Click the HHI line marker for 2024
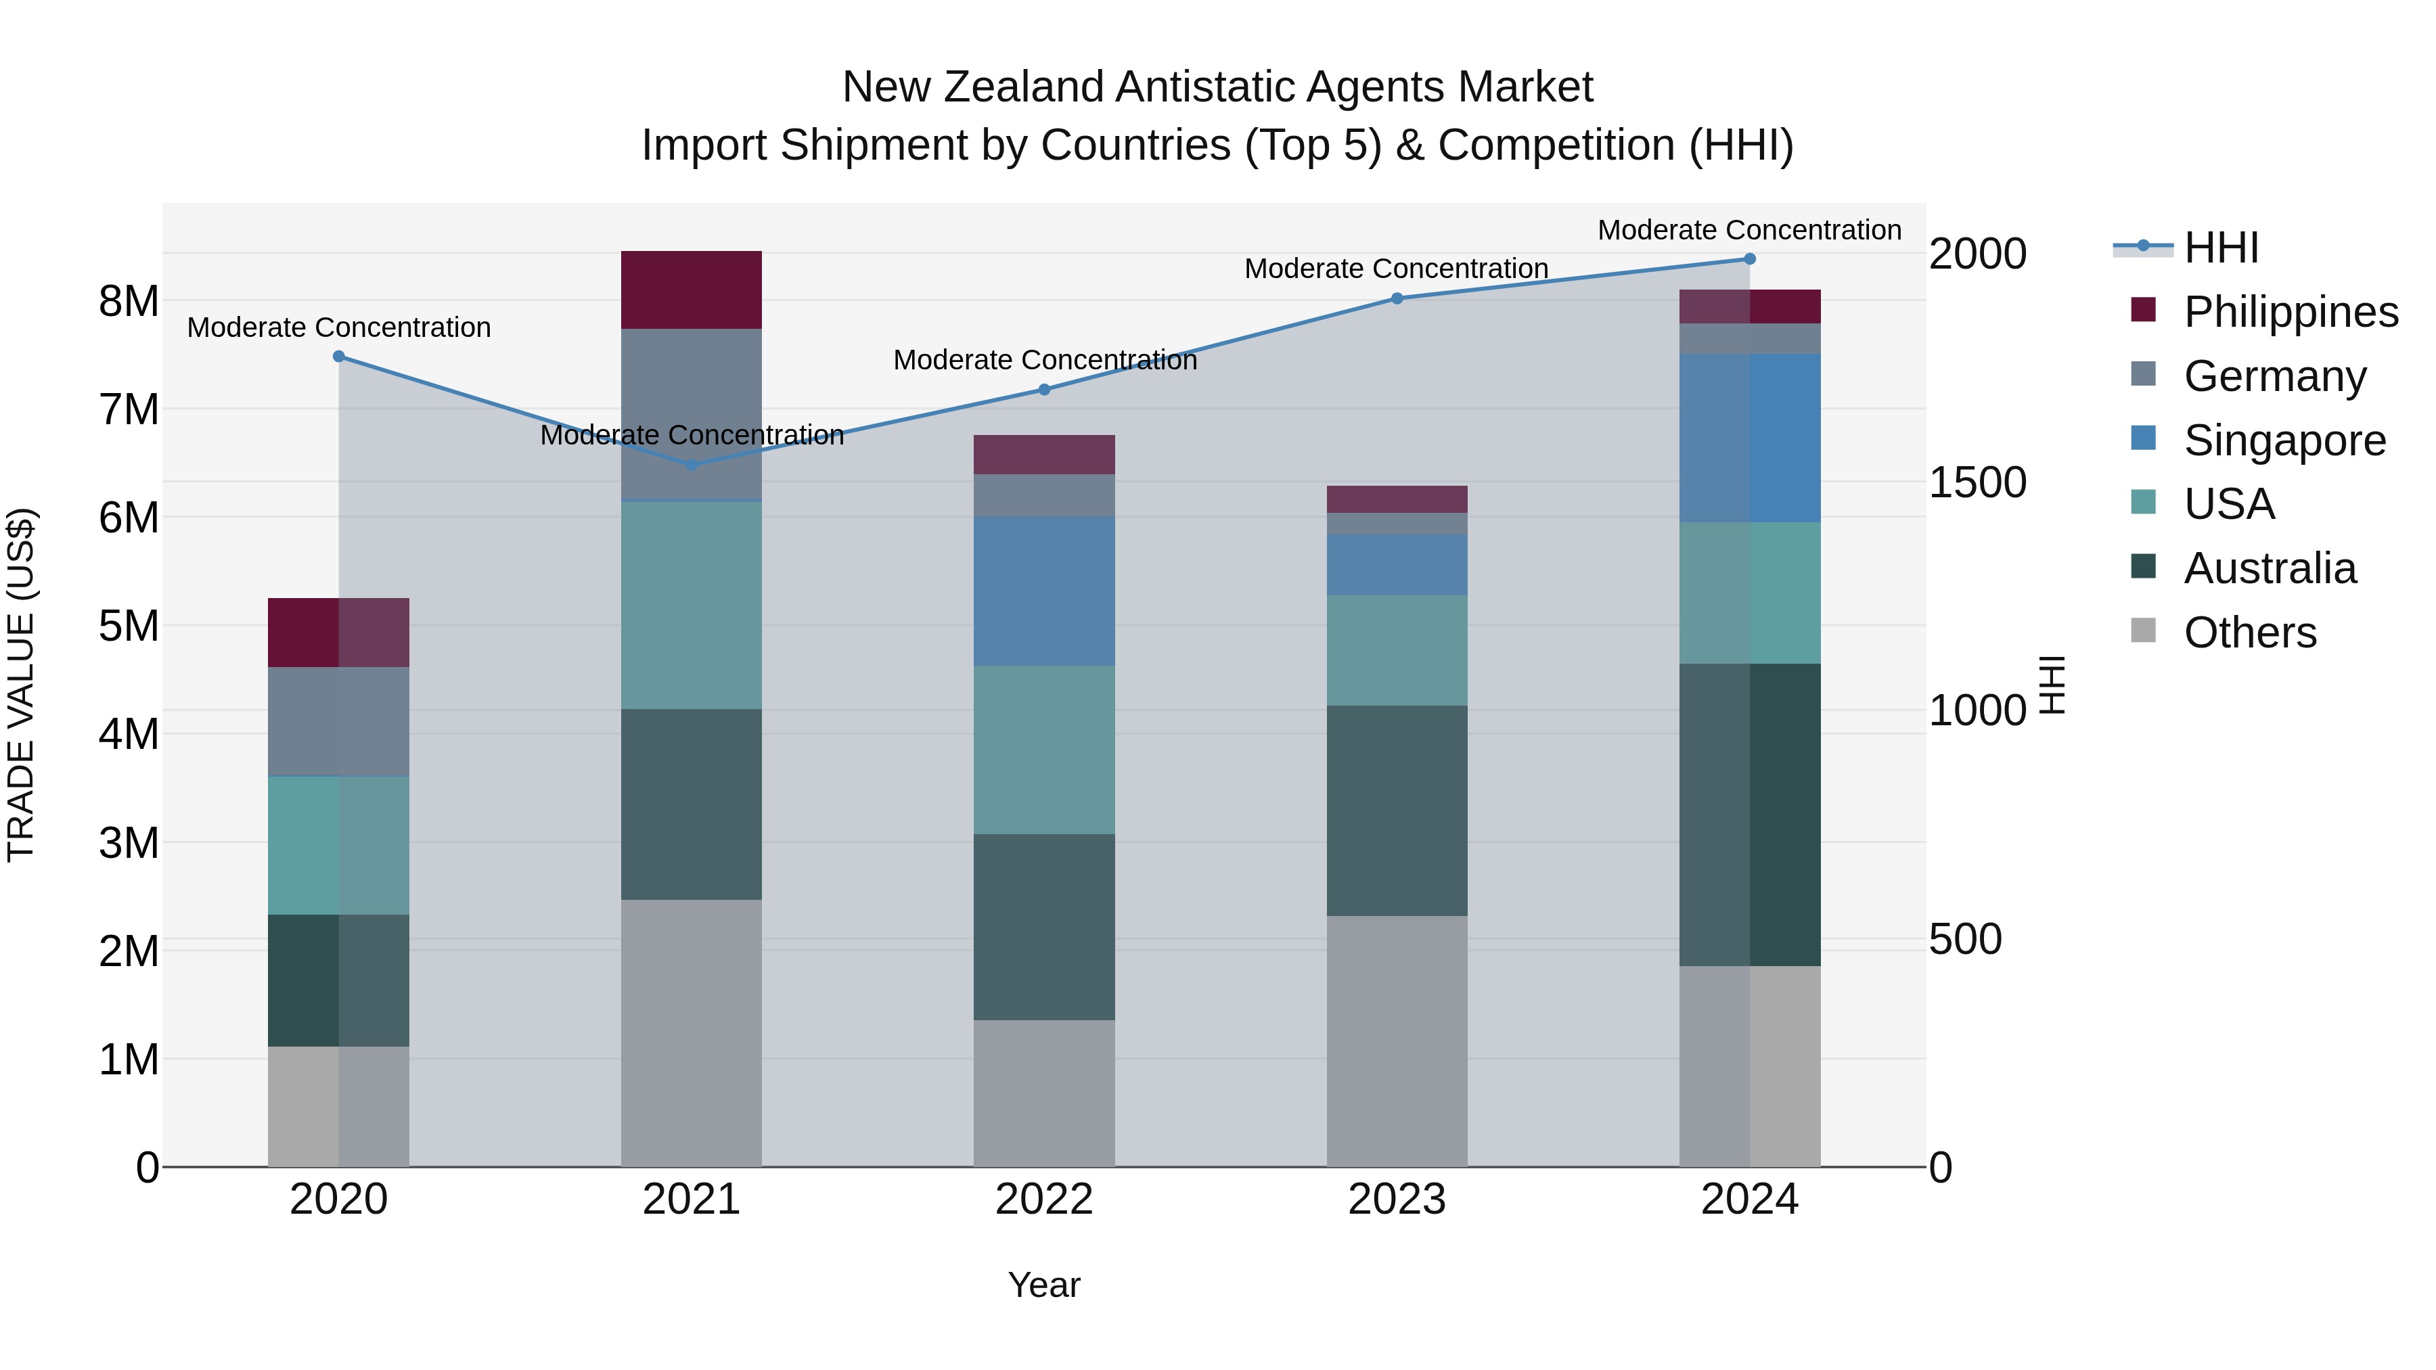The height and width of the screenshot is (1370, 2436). pyautogui.click(x=1749, y=259)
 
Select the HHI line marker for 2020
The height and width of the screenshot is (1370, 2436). pyautogui.click(x=338, y=357)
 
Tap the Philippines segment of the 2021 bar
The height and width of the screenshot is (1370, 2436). pyautogui.click(x=692, y=290)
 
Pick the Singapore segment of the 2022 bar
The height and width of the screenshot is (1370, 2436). pyautogui.click(x=1044, y=591)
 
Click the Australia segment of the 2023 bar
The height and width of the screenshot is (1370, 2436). pyautogui.click(x=1397, y=810)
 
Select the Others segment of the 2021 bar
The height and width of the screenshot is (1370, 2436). pyautogui.click(x=692, y=1032)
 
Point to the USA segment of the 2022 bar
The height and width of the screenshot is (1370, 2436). pyautogui.click(x=1044, y=750)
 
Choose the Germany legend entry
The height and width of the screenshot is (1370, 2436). pyautogui.click(x=2274, y=376)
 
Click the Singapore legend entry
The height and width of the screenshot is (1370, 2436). pyautogui.click(x=2284, y=440)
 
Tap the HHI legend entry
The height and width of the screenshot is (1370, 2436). pyautogui.click(x=2220, y=248)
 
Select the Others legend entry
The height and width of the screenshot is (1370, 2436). pyautogui.click(x=2250, y=633)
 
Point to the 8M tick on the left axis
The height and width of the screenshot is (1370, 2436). pyautogui.click(x=129, y=302)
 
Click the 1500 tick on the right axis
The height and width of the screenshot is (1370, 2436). pyautogui.click(x=1977, y=482)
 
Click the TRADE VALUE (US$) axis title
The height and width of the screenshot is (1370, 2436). pyautogui.click(x=21, y=685)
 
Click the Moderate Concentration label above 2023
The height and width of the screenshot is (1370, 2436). pyautogui.click(x=1396, y=269)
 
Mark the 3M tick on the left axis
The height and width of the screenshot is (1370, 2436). pyautogui.click(x=129, y=842)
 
